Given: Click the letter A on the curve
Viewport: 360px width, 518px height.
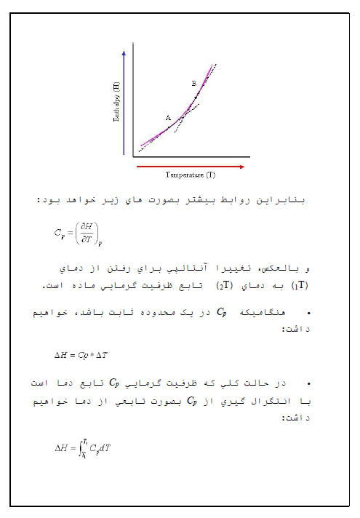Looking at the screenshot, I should [167, 117].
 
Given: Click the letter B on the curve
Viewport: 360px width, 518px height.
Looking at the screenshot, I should [193, 84].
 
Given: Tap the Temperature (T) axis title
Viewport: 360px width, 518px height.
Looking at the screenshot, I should [190, 175].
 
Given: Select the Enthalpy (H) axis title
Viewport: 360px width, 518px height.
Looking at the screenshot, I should [116, 102].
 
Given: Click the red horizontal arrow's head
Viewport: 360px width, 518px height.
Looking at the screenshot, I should [242, 167].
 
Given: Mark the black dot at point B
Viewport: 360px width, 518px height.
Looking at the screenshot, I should [196, 96].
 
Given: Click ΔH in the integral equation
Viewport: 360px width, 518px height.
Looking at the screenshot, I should [63, 449].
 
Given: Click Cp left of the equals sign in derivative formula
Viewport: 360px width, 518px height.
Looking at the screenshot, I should [59, 233].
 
